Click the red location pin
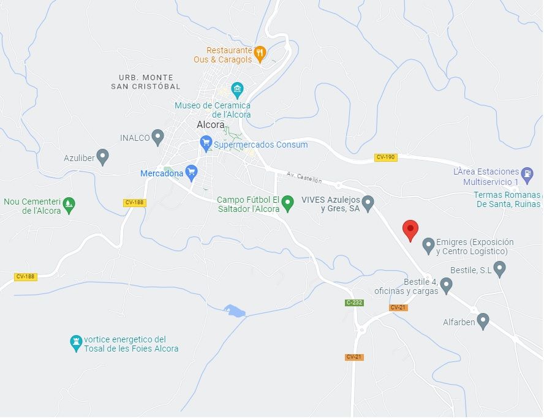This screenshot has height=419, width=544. [x=410, y=230]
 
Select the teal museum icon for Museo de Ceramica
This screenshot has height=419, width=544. [x=237, y=90]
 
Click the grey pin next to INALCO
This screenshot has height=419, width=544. [x=158, y=137]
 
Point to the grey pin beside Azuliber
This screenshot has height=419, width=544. [x=103, y=157]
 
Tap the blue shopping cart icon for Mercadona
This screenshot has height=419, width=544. [x=192, y=173]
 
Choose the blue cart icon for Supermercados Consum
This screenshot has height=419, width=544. [x=206, y=145]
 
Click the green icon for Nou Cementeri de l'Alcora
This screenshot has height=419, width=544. [x=69, y=205]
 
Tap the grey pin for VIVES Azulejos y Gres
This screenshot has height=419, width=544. [x=368, y=203]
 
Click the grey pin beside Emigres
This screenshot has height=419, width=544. [x=428, y=246]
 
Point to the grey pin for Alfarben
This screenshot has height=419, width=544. [x=483, y=320]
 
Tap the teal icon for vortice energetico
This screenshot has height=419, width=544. [x=77, y=342]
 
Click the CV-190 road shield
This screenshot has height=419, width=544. [x=385, y=157]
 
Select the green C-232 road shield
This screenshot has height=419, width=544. [x=354, y=303]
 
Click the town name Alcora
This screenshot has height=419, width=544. [x=211, y=124]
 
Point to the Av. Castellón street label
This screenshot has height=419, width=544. [x=304, y=178]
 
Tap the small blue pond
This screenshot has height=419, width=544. [x=235, y=311]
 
